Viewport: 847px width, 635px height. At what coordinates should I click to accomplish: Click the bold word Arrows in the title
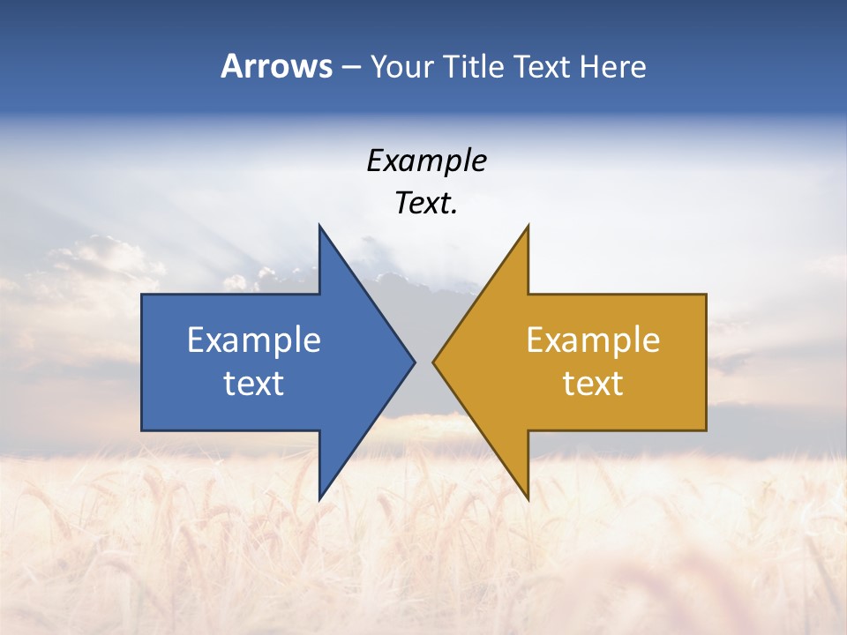[x=276, y=66]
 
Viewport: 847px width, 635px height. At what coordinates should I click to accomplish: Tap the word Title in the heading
[x=472, y=66]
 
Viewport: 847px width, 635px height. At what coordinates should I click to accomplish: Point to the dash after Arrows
[x=350, y=67]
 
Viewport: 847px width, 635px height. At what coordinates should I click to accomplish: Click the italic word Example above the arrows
[x=426, y=161]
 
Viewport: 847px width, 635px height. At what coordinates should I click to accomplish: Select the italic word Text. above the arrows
[x=426, y=204]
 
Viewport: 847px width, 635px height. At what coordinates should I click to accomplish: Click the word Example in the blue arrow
[x=254, y=340]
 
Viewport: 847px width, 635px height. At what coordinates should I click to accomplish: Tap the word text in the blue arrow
[x=254, y=384]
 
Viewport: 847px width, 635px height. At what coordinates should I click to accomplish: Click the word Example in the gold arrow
[x=593, y=340]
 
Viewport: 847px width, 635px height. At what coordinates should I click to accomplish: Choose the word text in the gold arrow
[x=593, y=384]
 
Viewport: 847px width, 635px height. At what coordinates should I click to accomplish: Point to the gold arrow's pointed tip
[x=434, y=362]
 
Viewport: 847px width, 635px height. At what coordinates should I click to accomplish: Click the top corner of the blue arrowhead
[x=319, y=227]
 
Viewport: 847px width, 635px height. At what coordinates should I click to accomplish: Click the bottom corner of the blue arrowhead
[x=319, y=498]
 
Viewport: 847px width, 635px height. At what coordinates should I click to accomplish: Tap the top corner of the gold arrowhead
[x=528, y=227]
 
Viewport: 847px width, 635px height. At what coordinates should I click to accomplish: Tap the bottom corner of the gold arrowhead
[x=528, y=498]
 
